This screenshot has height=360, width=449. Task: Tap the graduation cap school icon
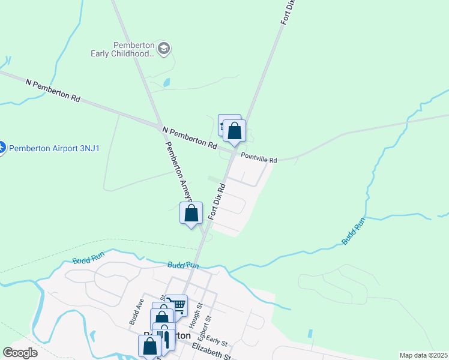(164, 47)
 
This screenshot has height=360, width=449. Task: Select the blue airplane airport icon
(2, 147)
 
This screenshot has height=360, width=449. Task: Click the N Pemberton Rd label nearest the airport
(53, 89)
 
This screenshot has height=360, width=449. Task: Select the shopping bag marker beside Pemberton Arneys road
(191, 213)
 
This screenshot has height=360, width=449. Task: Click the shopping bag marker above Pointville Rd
(234, 131)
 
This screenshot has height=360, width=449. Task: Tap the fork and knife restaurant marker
(166, 339)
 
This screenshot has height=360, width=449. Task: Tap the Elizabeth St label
(211, 353)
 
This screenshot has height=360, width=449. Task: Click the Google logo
(20, 353)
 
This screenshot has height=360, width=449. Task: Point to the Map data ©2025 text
(423, 355)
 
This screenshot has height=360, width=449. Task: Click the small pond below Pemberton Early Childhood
(166, 82)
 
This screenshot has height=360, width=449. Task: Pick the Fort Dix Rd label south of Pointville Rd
(217, 201)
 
